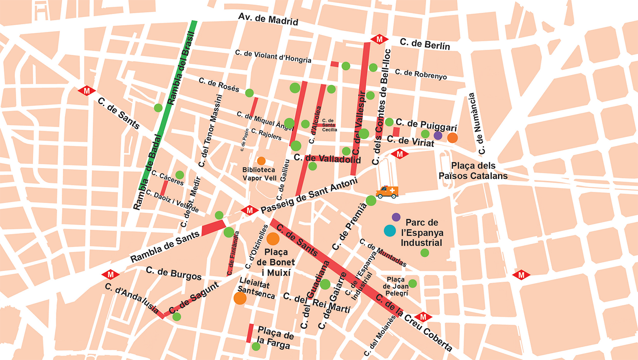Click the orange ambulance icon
[387, 192]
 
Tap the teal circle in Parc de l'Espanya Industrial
[390, 231]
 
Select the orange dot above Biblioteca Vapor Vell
[261, 161]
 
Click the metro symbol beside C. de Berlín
[379, 40]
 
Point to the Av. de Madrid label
[268, 19]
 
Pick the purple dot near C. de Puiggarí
[438, 136]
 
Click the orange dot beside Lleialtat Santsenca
[240, 298]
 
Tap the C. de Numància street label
[477, 124]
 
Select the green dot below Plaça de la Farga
[256, 346]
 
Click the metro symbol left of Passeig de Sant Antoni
[249, 211]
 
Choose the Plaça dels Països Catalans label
[473, 171]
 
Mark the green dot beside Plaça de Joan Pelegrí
[412, 283]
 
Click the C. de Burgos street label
[174, 273]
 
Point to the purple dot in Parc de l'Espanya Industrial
[396, 217]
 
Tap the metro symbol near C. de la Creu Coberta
[423, 317]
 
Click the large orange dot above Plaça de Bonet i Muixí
[273, 239]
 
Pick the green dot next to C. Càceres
[180, 175]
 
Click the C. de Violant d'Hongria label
[273, 56]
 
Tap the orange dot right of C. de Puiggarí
[453, 138]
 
